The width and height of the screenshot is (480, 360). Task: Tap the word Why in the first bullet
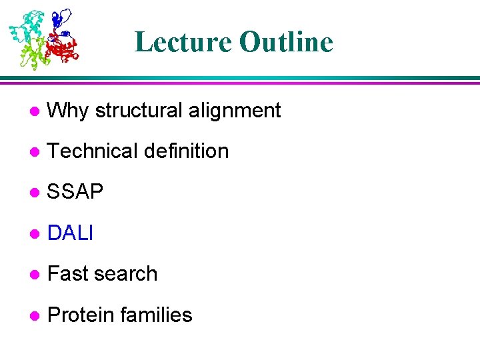[69, 111]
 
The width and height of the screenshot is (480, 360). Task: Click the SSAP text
[75, 193]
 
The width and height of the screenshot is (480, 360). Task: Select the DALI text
[71, 233]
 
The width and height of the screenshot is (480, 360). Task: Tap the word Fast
[69, 274]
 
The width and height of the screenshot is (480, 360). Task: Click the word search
[127, 274]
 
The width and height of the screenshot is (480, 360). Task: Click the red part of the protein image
[63, 48]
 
